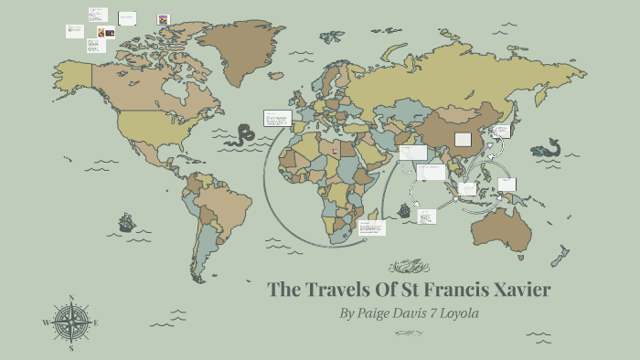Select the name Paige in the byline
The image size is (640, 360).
(375, 313)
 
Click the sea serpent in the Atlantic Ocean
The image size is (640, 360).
(242, 135)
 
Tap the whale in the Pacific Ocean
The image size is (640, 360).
(548, 148)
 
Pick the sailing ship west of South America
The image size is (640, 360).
(126, 221)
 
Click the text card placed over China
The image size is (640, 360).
(463, 140)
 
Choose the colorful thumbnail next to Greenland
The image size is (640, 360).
(163, 18)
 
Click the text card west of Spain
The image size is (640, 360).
(276, 119)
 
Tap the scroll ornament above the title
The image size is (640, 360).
(409, 266)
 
